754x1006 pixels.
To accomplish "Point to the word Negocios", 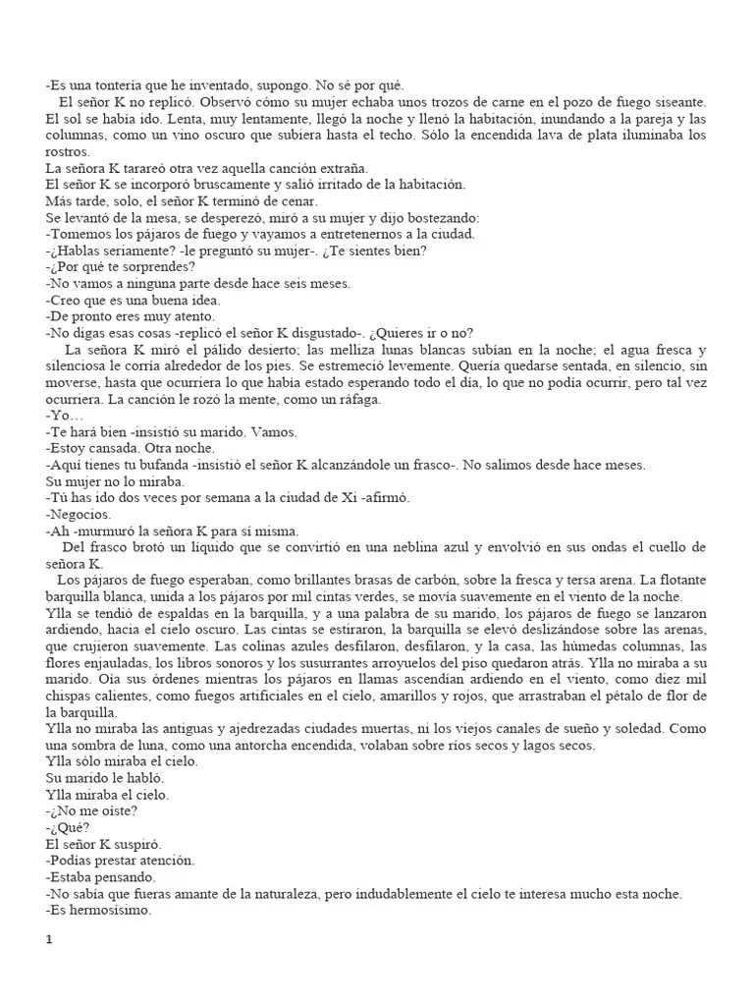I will (81, 514).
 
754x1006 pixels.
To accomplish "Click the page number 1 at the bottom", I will (48, 939).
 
